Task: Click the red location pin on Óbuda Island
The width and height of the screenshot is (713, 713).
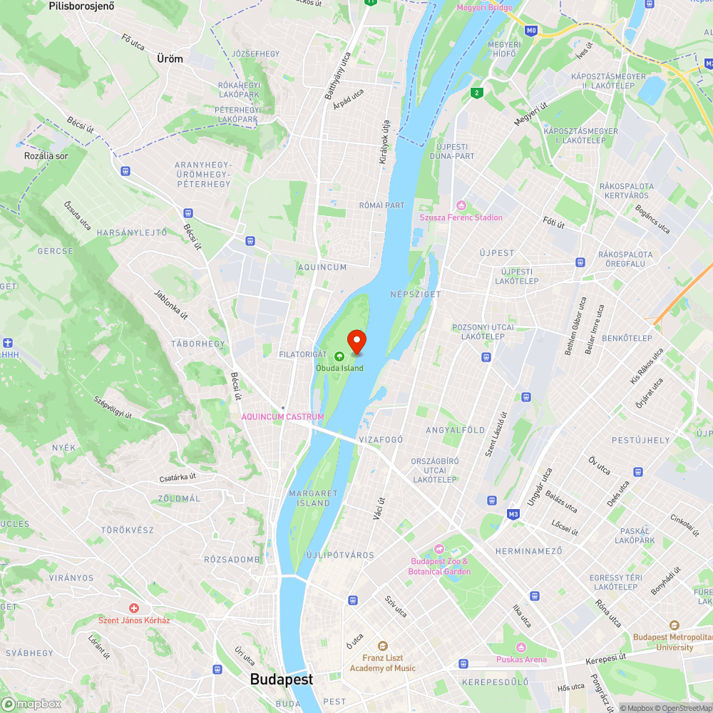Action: [356, 340]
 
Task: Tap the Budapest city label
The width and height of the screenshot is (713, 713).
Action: [281, 679]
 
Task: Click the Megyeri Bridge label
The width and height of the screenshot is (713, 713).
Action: [484, 8]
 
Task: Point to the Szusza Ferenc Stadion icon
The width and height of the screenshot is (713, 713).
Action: [461, 205]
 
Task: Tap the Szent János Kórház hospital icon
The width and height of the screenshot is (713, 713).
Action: [133, 607]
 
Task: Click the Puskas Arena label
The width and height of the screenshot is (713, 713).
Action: [521, 660]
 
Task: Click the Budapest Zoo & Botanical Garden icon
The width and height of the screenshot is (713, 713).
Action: [439, 550]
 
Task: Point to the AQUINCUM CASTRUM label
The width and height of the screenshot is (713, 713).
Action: [282, 416]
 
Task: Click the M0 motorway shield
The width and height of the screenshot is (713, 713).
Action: [530, 31]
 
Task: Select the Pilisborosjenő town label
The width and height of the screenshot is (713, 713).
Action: [81, 6]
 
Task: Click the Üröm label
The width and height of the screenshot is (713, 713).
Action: [170, 59]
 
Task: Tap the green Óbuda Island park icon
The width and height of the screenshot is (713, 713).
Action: [339, 356]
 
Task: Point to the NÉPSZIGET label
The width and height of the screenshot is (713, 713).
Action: [416, 294]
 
